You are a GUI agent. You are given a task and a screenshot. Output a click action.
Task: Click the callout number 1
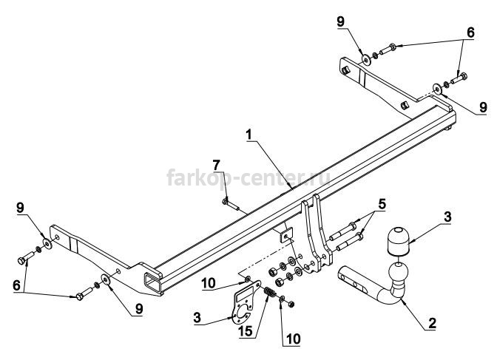tap(249, 135)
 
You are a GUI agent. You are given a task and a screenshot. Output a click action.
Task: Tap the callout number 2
tap(432, 323)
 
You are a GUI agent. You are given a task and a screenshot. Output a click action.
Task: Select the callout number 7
tap(216, 165)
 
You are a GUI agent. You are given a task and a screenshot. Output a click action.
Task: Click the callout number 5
tap(382, 205)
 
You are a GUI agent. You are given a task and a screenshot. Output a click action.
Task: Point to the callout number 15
tap(246, 331)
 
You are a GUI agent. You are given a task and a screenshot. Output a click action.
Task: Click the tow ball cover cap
tap(397, 240)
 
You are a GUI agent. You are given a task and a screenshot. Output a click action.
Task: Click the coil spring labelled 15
tap(270, 292)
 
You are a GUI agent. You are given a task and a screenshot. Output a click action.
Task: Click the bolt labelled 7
tap(231, 204)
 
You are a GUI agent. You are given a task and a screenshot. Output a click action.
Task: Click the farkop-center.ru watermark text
tap(248, 177)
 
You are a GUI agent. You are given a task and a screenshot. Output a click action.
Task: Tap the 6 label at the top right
tap(470, 33)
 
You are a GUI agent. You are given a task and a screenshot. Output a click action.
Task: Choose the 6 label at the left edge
tap(16, 285)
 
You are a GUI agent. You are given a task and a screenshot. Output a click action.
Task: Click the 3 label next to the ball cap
tap(447, 217)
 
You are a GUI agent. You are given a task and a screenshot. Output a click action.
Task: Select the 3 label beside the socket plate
tap(197, 317)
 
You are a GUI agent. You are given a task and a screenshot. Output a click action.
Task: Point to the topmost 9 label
tap(340, 21)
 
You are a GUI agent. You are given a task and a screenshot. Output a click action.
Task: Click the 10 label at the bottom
tap(294, 339)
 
